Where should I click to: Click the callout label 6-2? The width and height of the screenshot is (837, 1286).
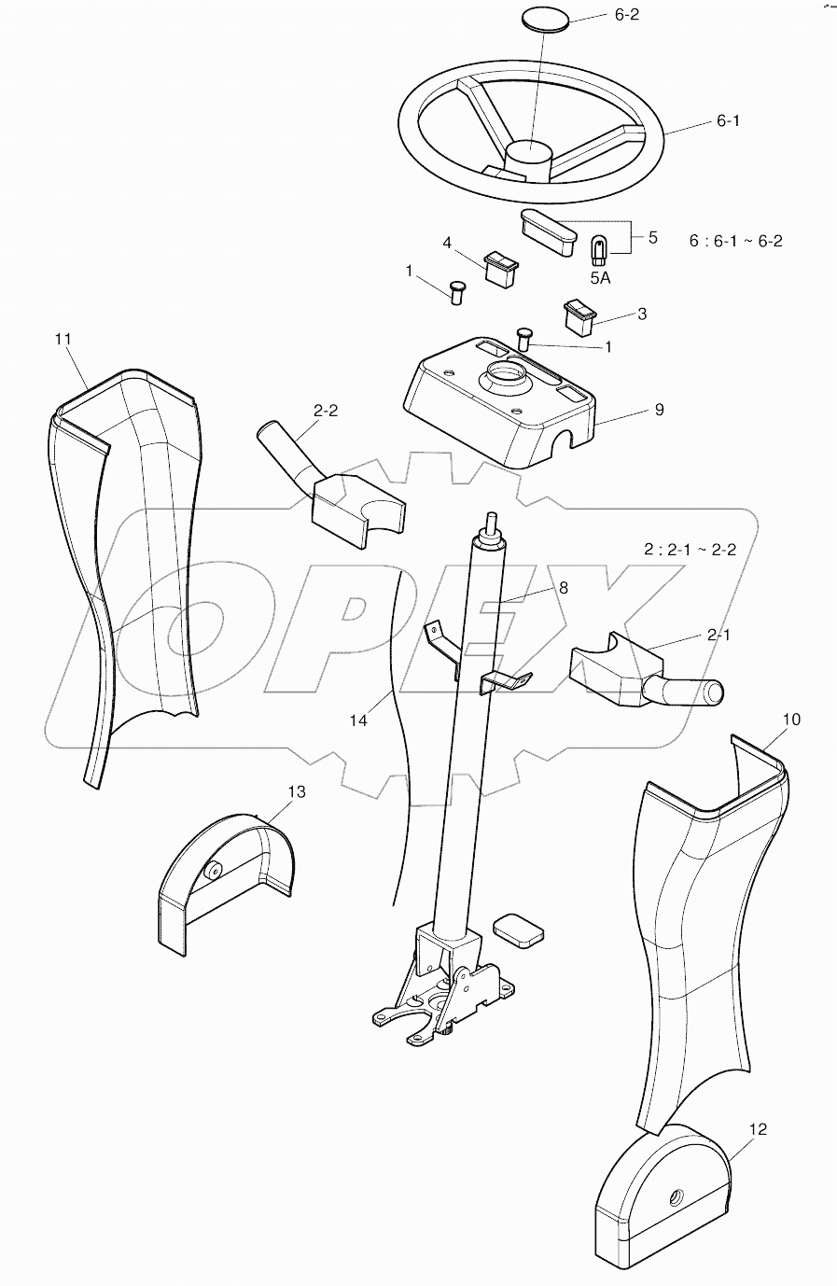point(625,16)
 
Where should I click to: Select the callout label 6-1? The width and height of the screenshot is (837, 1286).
point(728,121)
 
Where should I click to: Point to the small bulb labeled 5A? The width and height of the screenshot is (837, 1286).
point(600,249)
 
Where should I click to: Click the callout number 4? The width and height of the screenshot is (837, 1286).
point(447,243)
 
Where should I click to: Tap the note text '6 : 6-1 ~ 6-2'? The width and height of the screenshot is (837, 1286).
point(735,241)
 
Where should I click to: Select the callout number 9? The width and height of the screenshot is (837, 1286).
point(659,410)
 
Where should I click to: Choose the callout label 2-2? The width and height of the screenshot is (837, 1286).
point(326,411)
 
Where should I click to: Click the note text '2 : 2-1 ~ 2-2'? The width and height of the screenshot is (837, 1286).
point(690,549)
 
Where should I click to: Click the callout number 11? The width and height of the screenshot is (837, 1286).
point(63,339)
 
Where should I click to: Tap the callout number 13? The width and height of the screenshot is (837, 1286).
point(296,791)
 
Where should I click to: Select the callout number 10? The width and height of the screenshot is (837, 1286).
point(765,720)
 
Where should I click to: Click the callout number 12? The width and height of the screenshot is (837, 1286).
point(758,1129)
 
